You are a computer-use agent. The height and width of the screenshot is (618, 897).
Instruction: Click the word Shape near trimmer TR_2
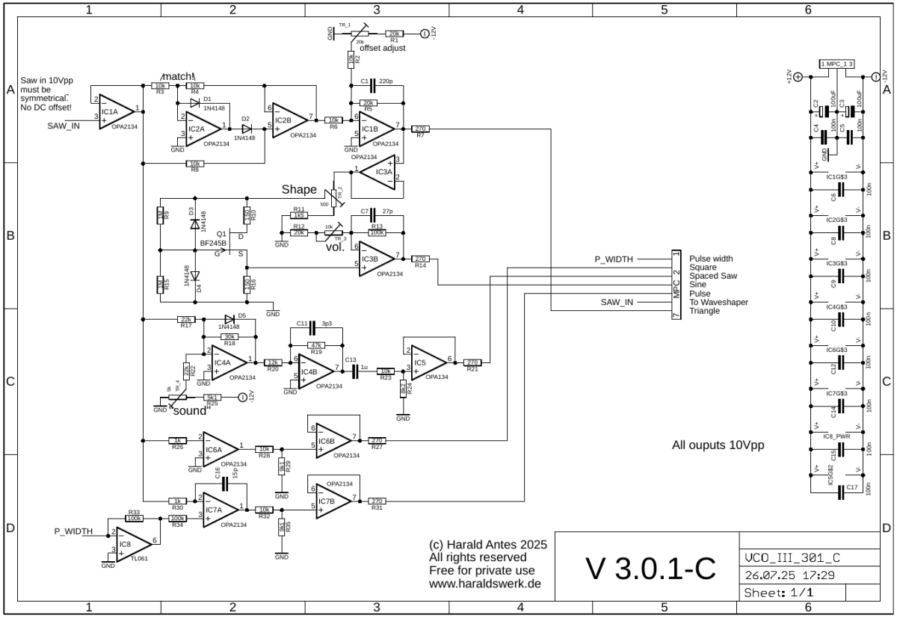pyautogui.click(x=299, y=189)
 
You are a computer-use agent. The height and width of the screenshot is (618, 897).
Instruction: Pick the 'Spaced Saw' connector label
pyautogui.click(x=714, y=276)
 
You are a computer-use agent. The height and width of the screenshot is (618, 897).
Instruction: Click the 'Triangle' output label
pyautogui.click(x=705, y=311)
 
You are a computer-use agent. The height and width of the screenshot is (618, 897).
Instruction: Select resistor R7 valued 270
pyautogui.click(x=420, y=129)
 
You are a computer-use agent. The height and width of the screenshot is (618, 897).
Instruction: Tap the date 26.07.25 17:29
pyautogui.click(x=782, y=575)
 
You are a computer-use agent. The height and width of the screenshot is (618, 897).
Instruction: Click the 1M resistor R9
pyautogui.click(x=158, y=216)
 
